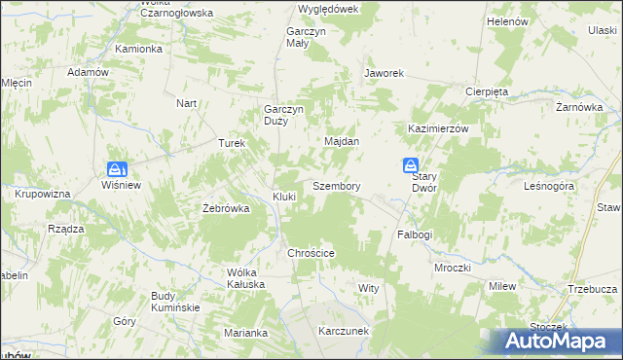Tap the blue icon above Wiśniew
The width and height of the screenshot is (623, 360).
[116, 167]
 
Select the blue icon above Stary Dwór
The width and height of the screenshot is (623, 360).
[412, 165]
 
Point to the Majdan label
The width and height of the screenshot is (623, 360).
[342, 141]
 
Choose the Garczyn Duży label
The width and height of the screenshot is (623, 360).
[284, 115]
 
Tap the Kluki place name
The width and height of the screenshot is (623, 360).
[284, 197]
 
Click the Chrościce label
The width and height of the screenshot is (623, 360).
[311, 253]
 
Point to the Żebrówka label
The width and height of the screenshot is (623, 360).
[226, 208]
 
